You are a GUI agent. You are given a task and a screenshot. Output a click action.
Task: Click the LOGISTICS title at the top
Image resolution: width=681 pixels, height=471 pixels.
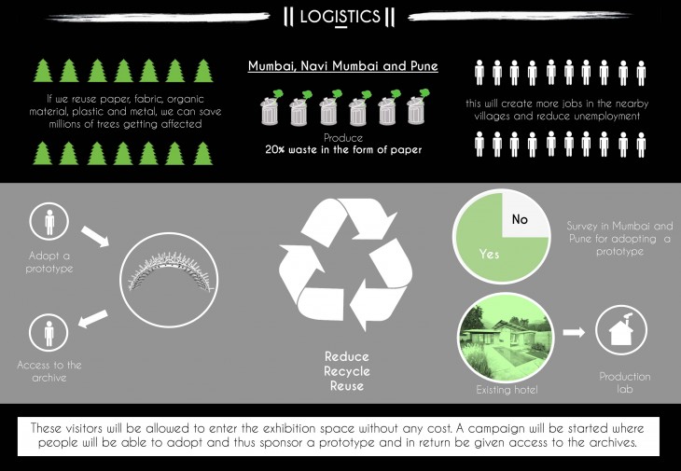coord(340,16)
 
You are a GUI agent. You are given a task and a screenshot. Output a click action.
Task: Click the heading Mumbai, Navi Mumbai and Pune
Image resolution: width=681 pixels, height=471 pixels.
coord(342,67)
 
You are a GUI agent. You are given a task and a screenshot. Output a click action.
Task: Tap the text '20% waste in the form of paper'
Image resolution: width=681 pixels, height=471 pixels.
coord(342,150)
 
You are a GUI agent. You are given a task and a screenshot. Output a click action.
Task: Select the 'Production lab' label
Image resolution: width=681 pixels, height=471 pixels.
coord(625,382)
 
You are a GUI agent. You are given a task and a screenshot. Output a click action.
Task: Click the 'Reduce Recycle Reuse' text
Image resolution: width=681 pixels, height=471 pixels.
coord(347,371)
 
